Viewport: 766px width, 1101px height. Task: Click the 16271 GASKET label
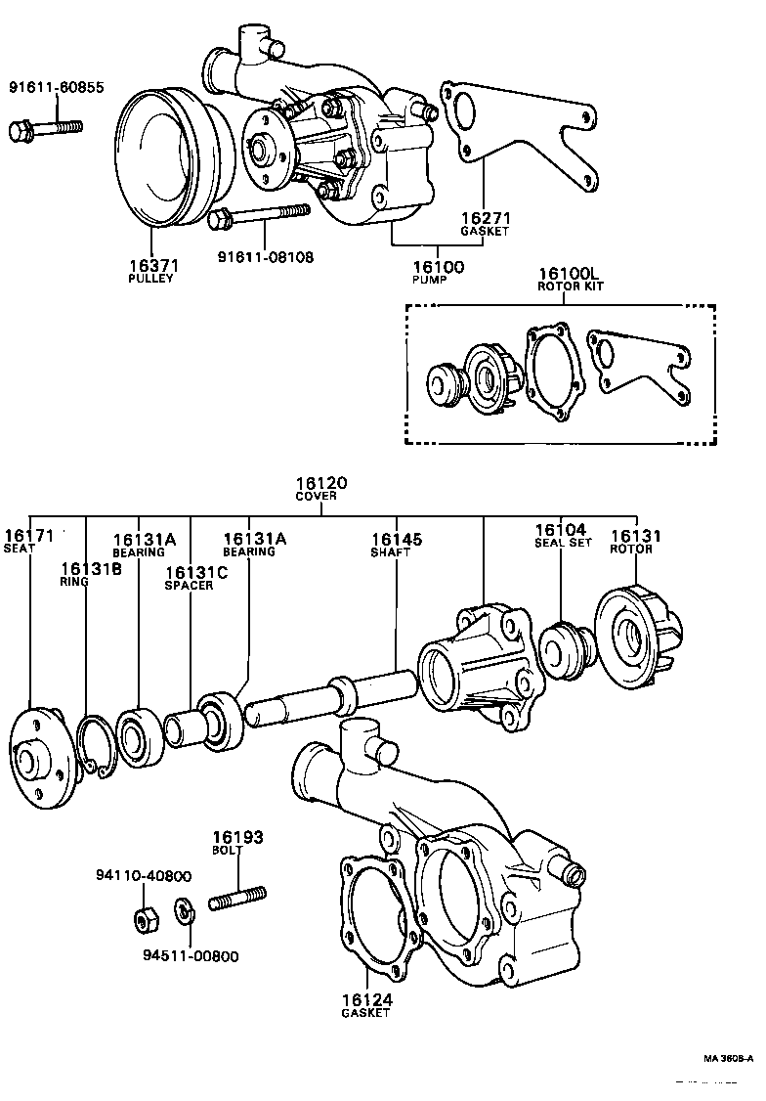click(486, 224)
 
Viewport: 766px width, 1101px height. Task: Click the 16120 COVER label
click(321, 489)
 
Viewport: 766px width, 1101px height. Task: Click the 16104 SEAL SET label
click(561, 536)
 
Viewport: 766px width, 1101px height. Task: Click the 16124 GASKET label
click(365, 1004)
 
